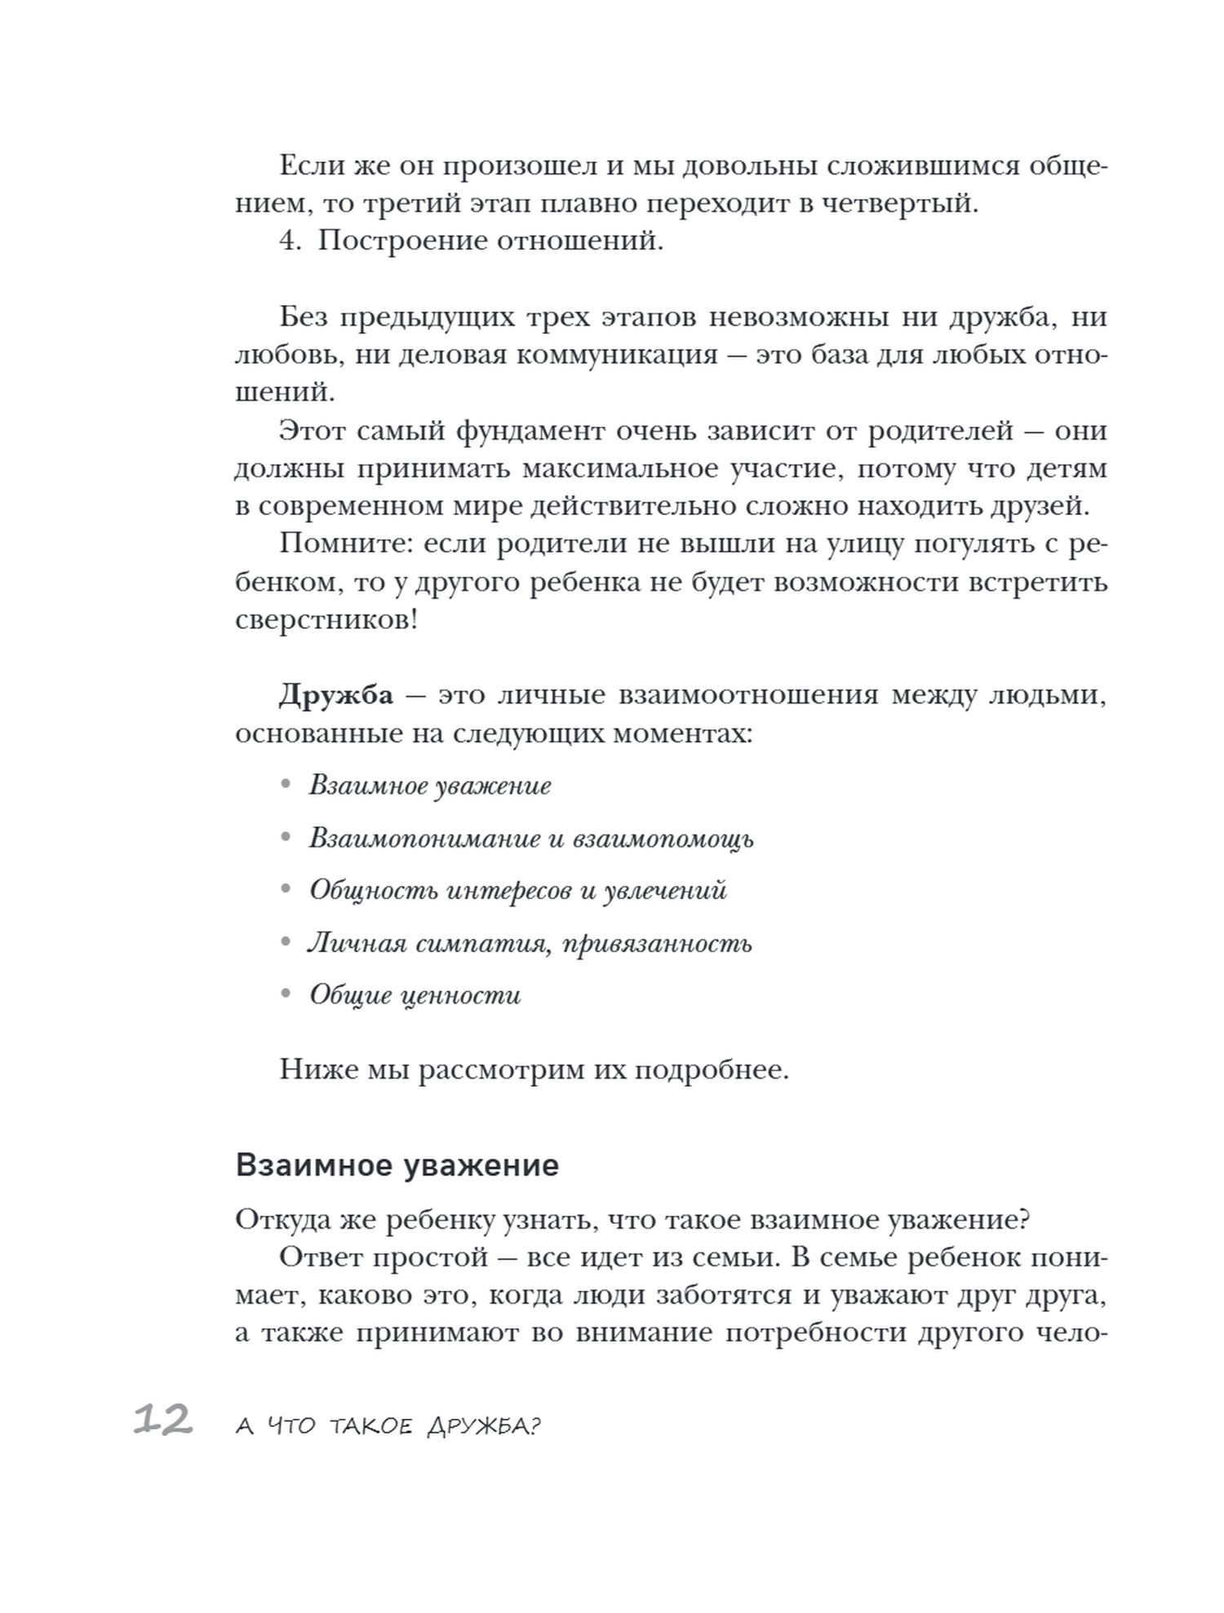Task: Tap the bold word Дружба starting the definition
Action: point(335,696)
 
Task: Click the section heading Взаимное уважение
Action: point(397,1165)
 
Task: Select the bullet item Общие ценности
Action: point(415,995)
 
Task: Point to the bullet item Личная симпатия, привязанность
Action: point(530,943)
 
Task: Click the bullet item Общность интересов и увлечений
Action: point(517,890)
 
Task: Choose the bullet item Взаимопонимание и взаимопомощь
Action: point(530,838)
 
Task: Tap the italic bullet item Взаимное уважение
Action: point(429,786)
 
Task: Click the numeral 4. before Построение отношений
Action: point(291,242)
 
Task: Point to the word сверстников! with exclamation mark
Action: point(326,620)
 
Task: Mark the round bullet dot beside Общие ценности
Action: point(285,995)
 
